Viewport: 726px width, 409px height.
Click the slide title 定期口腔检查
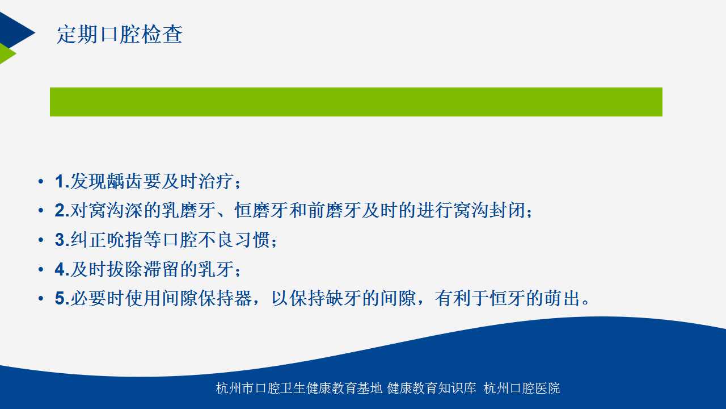point(120,35)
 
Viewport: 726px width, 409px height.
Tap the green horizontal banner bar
point(356,102)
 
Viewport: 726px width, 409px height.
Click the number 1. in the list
point(62,181)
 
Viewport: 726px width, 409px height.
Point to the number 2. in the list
point(62,210)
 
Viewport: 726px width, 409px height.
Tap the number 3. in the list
point(62,240)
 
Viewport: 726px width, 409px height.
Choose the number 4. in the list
point(62,269)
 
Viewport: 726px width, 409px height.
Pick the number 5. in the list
point(62,298)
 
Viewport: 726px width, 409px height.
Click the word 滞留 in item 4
point(161,269)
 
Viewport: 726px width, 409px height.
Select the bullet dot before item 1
point(41,181)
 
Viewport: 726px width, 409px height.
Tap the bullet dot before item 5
point(41,298)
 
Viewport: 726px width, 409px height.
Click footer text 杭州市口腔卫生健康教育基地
point(299,388)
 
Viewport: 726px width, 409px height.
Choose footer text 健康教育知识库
point(432,388)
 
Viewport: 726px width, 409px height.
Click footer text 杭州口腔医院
point(522,388)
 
